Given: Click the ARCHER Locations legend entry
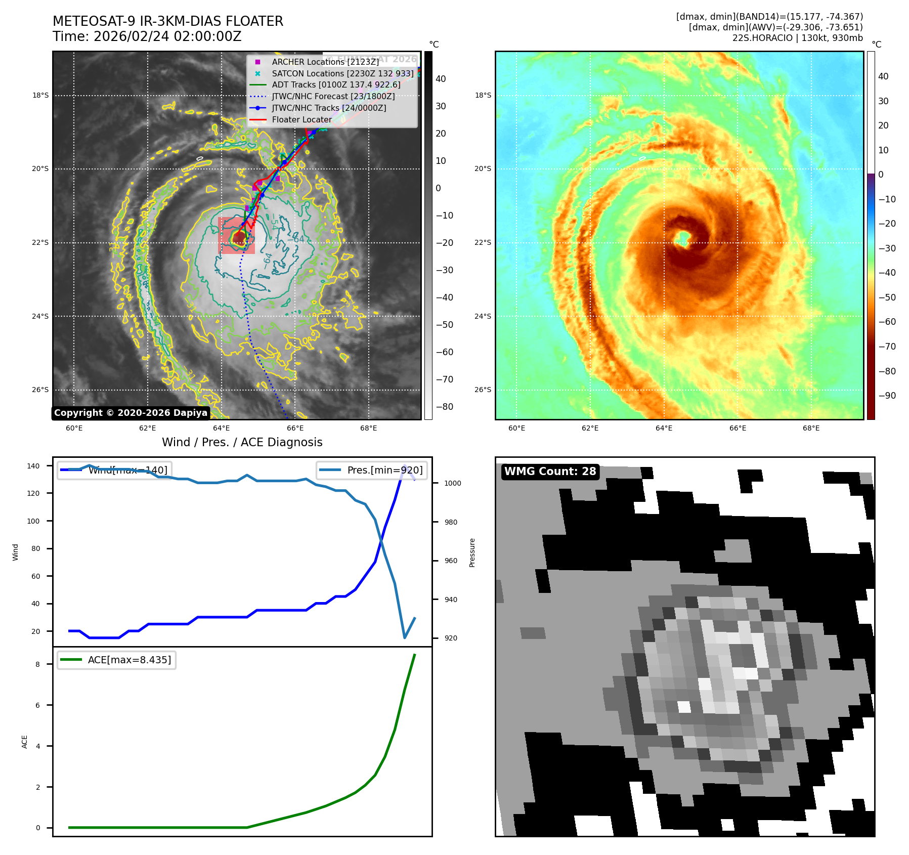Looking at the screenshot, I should pyautogui.click(x=325, y=62).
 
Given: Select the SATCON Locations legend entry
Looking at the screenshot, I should pyautogui.click(x=342, y=73).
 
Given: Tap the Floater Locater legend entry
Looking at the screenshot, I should pyautogui.click(x=301, y=120).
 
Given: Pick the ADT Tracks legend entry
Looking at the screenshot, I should pyautogui.click(x=336, y=85).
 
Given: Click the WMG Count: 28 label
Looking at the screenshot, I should pyautogui.click(x=550, y=472).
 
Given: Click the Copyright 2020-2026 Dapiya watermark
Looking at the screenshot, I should pyautogui.click(x=131, y=413).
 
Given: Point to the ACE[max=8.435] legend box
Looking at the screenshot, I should pyautogui.click(x=117, y=660).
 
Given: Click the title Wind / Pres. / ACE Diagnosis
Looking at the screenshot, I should pyautogui.click(x=242, y=442).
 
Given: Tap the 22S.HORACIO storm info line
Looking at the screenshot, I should pyautogui.click(x=797, y=38).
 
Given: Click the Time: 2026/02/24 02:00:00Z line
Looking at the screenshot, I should pyautogui.click(x=147, y=36).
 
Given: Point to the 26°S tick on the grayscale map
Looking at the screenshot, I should pyautogui.click(x=40, y=390).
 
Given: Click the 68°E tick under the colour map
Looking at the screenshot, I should pyautogui.click(x=811, y=428).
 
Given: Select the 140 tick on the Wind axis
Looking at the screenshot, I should pyautogui.click(x=33, y=466).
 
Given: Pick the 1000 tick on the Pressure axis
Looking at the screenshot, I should pyautogui.click(x=453, y=483).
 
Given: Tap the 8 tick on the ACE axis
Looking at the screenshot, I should pyautogui.click(x=37, y=664).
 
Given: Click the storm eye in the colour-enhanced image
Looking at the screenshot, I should pyautogui.click(x=682, y=238).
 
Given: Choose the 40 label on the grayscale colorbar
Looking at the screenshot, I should pyautogui.click(x=441, y=79).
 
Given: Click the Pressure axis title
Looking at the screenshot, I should pyautogui.click(x=472, y=552).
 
